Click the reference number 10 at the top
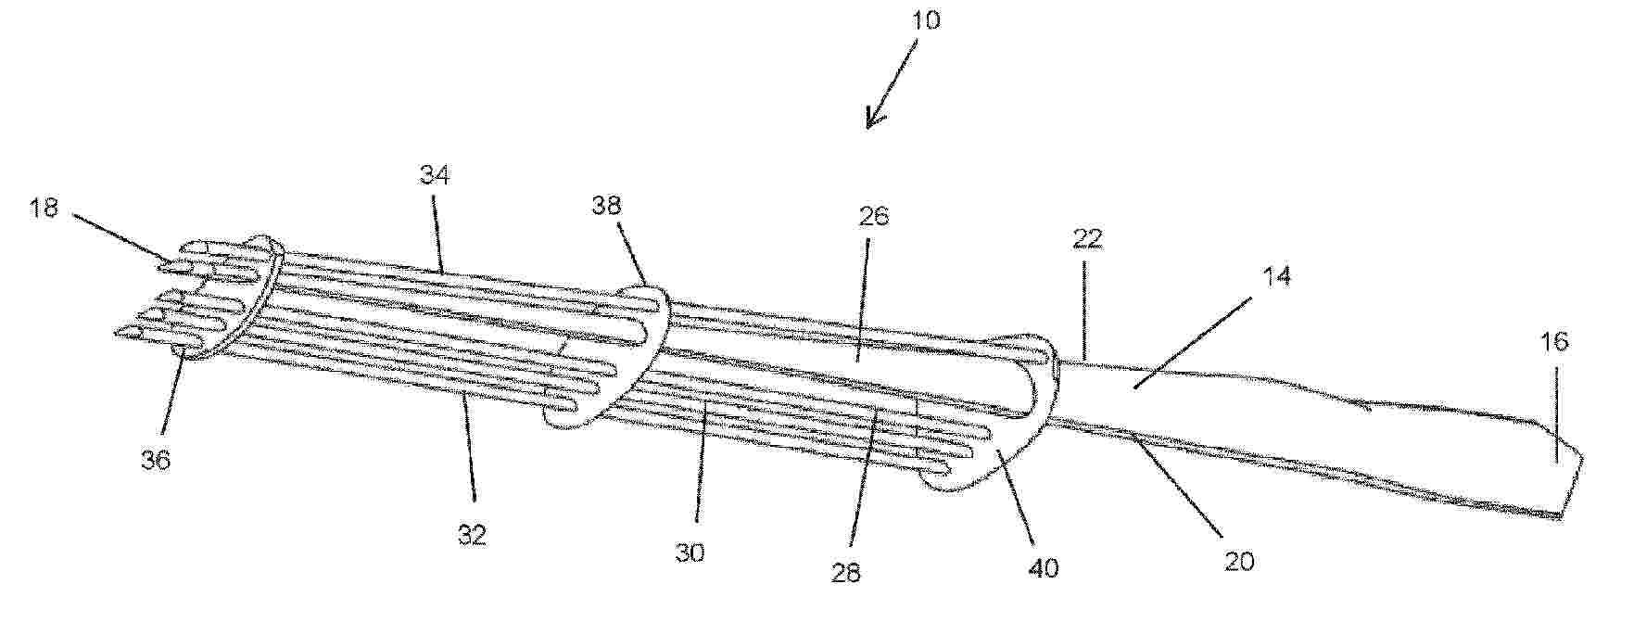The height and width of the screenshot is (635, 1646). click(x=923, y=20)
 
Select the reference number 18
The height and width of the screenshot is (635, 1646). click(x=44, y=207)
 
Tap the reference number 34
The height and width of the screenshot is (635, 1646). click(x=434, y=174)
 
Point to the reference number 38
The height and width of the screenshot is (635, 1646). click(x=606, y=205)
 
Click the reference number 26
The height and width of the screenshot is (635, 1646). click(x=873, y=216)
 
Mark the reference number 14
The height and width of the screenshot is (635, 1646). click(x=1276, y=275)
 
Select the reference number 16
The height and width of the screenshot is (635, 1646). click(x=1554, y=341)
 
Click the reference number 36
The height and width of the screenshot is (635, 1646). click(x=155, y=459)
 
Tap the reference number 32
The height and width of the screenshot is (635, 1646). click(x=472, y=535)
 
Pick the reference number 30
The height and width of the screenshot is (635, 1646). click(x=690, y=552)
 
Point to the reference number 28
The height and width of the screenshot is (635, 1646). click(x=845, y=573)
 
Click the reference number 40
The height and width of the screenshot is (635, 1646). click(x=1044, y=567)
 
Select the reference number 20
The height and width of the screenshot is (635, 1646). click(x=1239, y=560)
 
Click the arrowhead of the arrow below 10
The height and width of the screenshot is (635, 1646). click(x=869, y=122)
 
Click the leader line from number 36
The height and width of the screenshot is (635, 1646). click(x=172, y=392)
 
